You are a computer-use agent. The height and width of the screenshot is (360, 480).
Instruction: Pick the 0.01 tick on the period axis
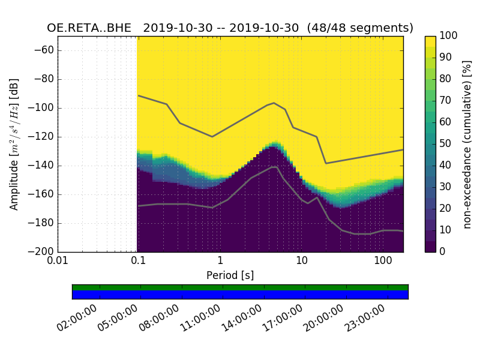point(58,262)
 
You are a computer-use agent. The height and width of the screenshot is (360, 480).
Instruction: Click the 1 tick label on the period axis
point(220,262)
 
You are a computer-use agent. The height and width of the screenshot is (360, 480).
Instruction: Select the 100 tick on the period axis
point(383,262)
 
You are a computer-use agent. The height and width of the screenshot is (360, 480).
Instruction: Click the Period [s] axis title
point(230,275)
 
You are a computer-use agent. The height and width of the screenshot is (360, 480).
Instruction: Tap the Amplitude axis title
point(14,144)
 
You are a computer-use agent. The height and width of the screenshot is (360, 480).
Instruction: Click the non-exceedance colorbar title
point(467,144)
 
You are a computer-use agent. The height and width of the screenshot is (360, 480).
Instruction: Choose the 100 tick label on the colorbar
point(449,36)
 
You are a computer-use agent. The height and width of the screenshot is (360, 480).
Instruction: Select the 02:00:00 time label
point(78,317)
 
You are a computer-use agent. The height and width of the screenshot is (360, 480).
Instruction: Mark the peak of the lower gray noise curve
point(274,167)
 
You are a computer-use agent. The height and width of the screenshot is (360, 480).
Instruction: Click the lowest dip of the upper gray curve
point(326,163)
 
